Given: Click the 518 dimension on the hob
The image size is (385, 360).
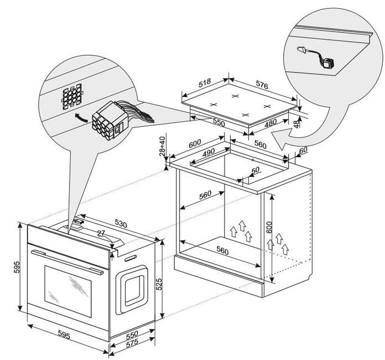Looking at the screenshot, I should [205, 83].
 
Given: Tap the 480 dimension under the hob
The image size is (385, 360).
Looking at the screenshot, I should [270, 125].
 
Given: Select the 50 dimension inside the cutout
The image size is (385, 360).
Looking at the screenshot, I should [255, 171].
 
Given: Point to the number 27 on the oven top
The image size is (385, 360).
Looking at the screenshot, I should [100, 233].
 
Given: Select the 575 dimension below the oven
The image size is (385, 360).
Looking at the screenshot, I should [132, 343].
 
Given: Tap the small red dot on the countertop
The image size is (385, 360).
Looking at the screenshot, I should [252, 159].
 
